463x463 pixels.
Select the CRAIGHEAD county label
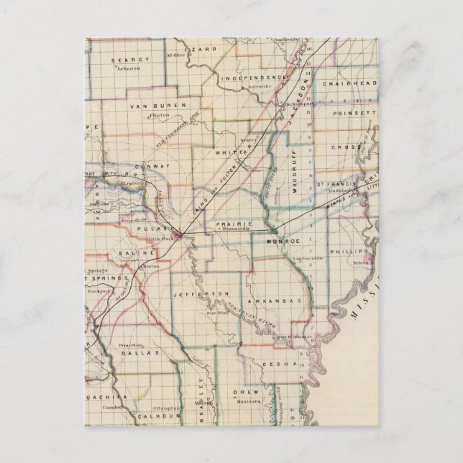tap(349, 84)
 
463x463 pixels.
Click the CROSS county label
tap(346, 147)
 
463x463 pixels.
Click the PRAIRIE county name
tap(232, 225)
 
